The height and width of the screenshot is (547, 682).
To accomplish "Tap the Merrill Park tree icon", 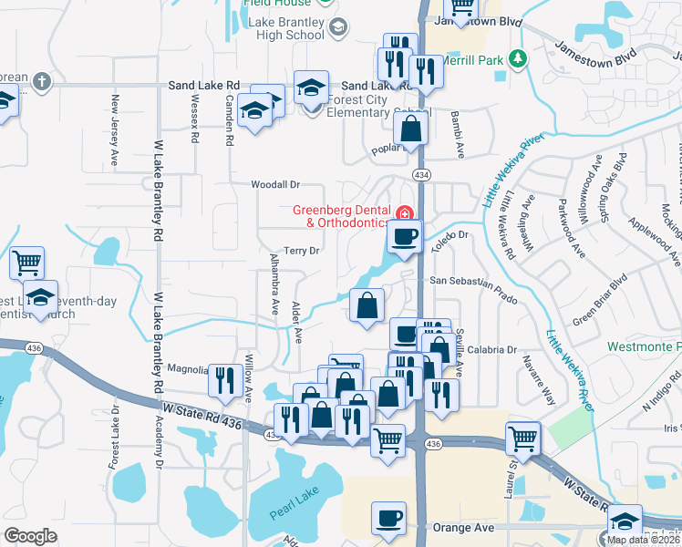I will pos(518,58).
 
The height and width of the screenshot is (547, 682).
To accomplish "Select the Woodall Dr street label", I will pos(276,185).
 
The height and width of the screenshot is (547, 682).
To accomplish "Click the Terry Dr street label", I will pos(302,251).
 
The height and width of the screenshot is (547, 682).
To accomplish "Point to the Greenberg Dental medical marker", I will pos(405,212).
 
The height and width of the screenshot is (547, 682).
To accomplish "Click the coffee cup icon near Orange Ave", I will pos(389,517).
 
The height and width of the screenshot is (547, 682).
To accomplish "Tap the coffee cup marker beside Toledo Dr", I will pos(403,236).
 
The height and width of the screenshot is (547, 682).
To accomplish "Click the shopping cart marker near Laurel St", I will pos(523,439).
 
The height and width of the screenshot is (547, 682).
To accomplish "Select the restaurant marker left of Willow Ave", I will pos(225,380).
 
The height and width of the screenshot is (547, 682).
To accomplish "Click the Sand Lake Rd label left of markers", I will pos(203,86).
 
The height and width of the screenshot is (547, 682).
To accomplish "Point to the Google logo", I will pos(30,536).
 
